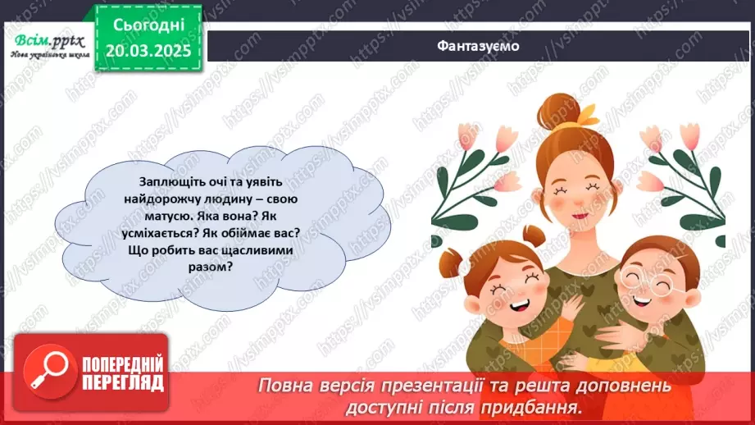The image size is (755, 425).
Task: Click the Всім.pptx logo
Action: pyautogui.click(x=47, y=40)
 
